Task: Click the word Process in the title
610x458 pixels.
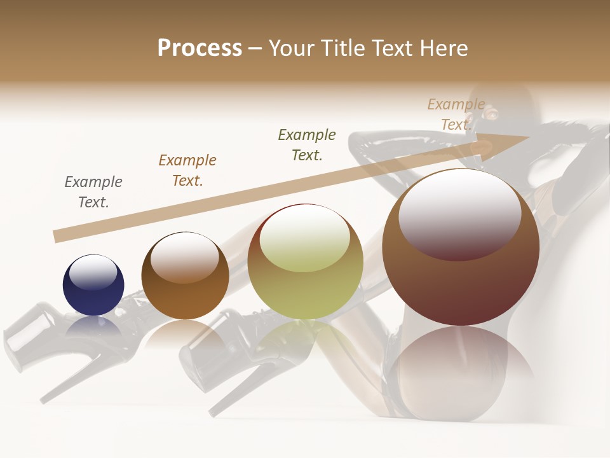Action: [200, 48]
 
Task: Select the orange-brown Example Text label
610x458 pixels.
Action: [187, 170]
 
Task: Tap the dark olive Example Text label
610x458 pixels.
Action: [307, 145]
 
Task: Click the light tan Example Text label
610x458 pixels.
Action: [456, 114]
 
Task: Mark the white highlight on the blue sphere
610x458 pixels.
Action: [93, 272]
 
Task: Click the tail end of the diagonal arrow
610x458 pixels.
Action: [58, 236]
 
